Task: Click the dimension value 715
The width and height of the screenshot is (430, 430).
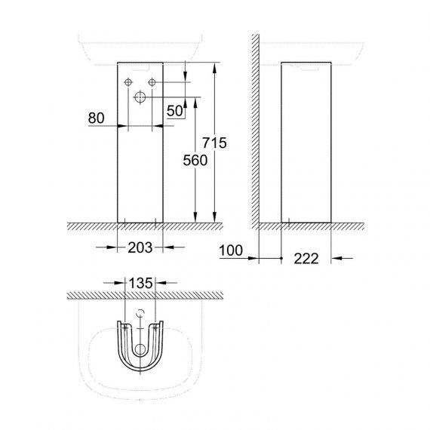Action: (214, 143)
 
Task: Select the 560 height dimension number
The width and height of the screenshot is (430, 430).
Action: (195, 161)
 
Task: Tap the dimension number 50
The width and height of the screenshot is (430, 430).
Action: (175, 111)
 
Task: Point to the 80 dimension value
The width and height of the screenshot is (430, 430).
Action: (97, 118)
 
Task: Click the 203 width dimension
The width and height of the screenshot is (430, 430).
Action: (140, 247)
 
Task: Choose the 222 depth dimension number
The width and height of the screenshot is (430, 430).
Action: (306, 259)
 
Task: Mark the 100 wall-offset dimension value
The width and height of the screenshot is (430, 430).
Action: (231, 250)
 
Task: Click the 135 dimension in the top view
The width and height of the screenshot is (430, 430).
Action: (140, 283)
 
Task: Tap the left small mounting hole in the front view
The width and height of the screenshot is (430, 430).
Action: (128, 82)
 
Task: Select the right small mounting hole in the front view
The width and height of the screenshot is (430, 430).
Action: (152, 82)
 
